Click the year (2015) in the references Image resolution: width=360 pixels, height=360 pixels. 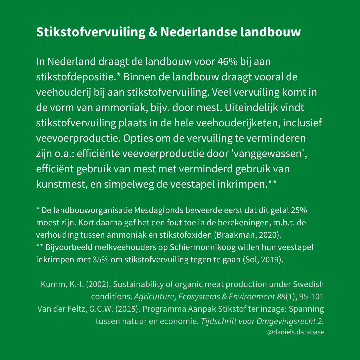click(130, 309)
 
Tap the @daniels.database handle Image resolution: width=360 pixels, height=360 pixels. click(295, 332)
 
